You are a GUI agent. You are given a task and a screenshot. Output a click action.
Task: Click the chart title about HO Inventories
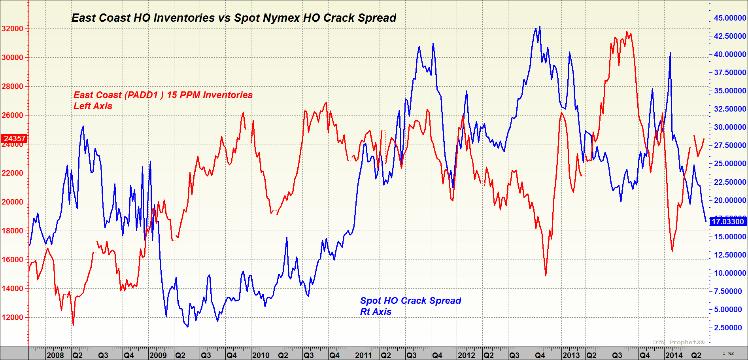coord(234,18)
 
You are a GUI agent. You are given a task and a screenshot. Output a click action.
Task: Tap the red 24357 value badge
coord(14,138)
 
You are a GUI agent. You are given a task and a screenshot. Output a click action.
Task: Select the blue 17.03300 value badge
coord(728,222)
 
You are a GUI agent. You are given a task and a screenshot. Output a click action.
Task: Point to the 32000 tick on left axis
coord(13,28)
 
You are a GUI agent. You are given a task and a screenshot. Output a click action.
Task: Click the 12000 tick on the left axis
coord(13,317)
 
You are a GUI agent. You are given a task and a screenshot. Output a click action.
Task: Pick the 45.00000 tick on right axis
coord(730,18)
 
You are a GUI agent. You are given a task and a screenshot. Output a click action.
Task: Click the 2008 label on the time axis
coord(55,355)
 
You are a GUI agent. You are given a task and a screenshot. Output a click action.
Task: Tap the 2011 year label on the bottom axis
coord(363,355)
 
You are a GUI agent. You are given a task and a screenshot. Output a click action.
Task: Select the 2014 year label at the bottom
coord(674,355)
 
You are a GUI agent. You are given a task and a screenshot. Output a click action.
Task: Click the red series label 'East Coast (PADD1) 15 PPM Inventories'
coord(163,95)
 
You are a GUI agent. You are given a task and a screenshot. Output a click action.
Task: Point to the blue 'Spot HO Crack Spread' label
coord(410,301)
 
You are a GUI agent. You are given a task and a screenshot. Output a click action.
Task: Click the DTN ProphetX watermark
coord(678,342)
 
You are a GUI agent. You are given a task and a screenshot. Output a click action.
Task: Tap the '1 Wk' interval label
coord(728,353)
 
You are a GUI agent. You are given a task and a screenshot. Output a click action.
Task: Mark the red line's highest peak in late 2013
coord(627,32)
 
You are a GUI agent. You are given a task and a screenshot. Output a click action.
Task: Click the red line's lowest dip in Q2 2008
coord(73,325)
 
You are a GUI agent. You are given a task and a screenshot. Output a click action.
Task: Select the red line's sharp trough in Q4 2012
coord(546,275)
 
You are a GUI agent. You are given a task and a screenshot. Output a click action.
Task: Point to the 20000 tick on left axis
coord(13,202)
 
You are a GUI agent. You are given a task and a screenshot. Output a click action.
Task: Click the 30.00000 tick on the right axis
coord(730,127)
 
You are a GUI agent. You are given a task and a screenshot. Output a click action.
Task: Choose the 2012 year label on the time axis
coord(466,355)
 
